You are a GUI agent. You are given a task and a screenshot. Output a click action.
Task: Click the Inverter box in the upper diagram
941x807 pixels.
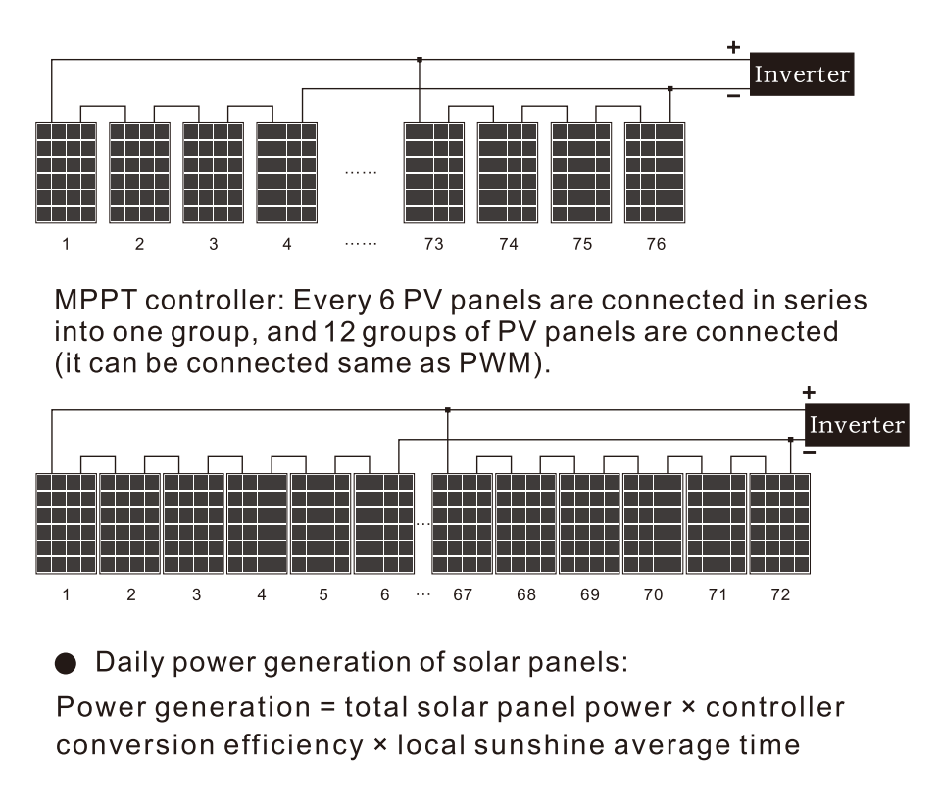(802, 74)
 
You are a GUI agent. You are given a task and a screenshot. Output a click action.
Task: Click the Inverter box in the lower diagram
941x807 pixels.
(857, 425)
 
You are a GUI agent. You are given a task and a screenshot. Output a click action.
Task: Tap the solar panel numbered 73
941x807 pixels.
(434, 172)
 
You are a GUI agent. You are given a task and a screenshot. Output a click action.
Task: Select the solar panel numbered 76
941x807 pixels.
(655, 172)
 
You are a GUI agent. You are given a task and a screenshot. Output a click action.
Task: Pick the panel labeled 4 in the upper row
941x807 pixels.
(286, 172)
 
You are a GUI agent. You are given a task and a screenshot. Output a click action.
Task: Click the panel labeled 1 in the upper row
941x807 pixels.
(66, 172)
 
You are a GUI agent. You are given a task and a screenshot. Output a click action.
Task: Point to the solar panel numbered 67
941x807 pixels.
(463, 524)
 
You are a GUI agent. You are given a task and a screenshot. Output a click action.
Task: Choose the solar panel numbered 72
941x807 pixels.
(779, 524)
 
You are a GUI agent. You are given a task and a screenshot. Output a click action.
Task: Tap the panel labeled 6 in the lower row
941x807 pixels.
(383, 524)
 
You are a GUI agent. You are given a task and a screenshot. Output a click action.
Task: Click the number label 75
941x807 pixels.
(582, 245)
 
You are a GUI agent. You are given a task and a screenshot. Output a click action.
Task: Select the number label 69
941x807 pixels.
(589, 595)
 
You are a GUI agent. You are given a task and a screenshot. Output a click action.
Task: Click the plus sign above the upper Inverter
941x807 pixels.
(732, 46)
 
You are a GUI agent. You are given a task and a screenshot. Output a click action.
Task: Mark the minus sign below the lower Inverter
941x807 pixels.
(809, 453)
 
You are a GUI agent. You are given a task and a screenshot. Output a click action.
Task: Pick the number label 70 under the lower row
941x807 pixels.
(653, 595)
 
